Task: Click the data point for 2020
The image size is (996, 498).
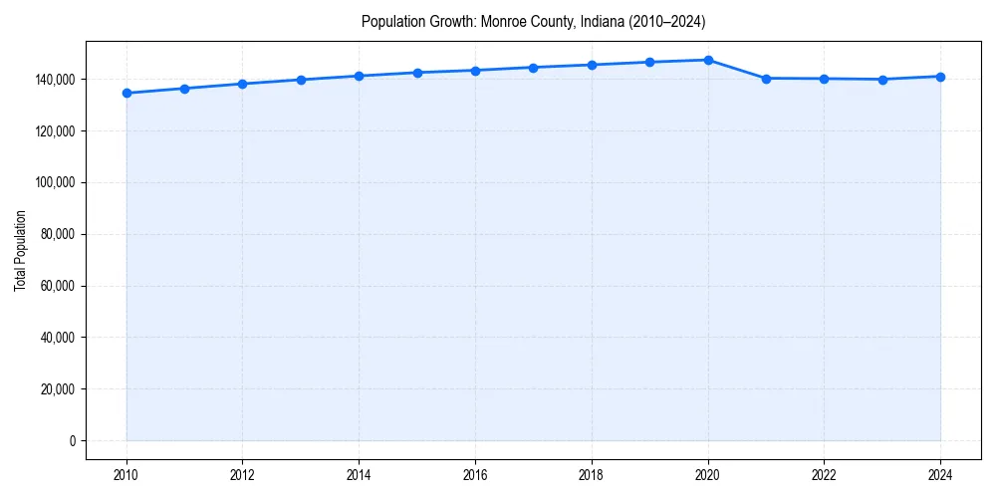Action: pos(708,60)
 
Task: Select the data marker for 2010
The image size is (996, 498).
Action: pos(126,94)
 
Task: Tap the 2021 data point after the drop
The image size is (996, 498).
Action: pos(766,79)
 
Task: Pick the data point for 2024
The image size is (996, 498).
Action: pos(940,77)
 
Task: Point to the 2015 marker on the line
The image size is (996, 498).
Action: pos(417,73)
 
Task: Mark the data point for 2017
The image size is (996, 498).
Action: pos(534,68)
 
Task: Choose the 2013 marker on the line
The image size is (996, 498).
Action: pos(301,80)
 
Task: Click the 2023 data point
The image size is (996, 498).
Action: pos(882,80)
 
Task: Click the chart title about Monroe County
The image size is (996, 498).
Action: pos(533,21)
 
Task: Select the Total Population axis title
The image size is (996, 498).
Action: pos(20,250)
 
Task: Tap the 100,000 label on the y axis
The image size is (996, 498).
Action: pos(54,182)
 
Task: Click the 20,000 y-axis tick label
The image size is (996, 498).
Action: pos(57,389)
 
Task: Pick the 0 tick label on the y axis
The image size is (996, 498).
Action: pos(73,441)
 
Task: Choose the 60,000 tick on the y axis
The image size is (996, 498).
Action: pos(57,286)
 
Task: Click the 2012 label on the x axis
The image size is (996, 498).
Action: pos(243,475)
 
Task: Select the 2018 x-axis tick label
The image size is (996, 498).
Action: pos(592,475)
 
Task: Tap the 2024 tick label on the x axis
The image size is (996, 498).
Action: pos(940,475)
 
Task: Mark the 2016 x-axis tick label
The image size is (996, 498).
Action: pos(475,475)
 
